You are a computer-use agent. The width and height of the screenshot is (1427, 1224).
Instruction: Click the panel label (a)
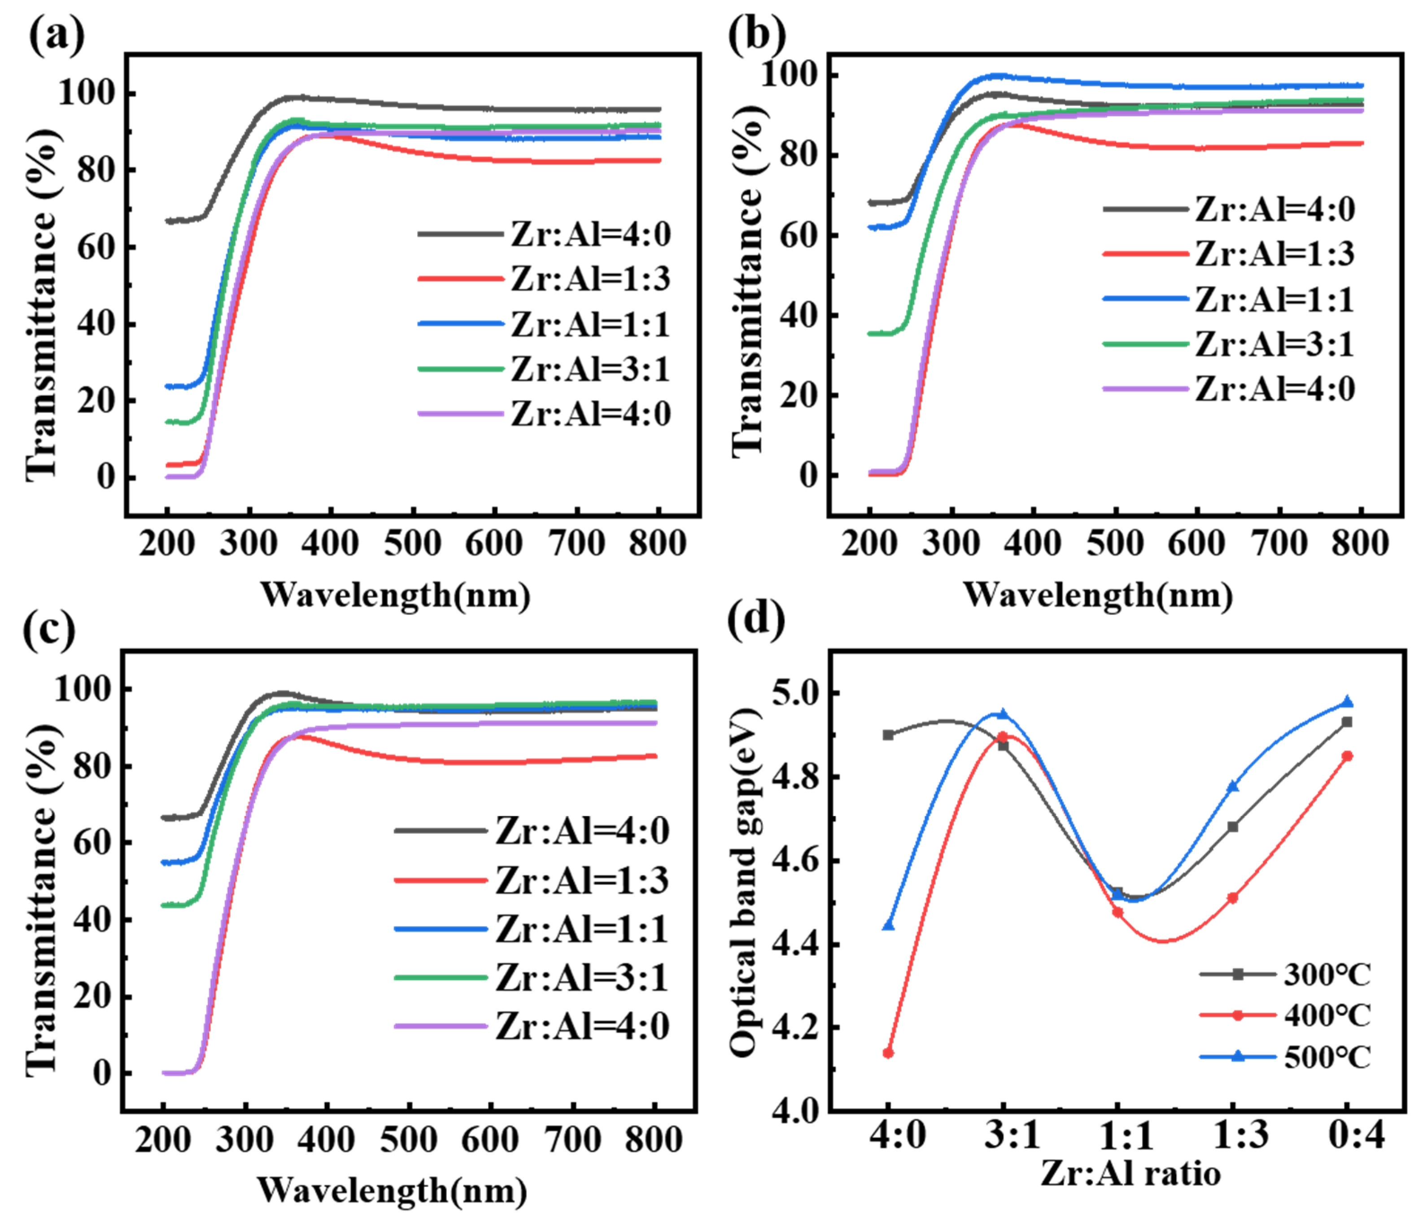57,36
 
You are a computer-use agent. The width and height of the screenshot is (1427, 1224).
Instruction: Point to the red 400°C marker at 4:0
888,1053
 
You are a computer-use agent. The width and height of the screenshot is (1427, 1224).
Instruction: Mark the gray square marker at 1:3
1233,827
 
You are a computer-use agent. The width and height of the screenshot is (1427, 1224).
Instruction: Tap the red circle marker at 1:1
1118,913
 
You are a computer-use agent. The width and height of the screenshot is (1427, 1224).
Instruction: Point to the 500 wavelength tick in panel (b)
1115,544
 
